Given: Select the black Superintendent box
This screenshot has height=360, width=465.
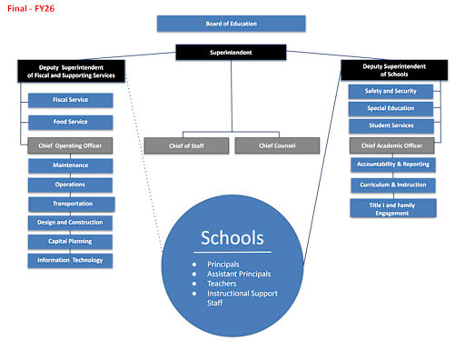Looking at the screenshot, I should (231, 53).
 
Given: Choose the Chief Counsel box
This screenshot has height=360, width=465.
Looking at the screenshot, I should (276, 145).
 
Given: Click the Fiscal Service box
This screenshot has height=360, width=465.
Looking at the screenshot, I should (70, 100).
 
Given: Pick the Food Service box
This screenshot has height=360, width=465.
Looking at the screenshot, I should (70, 121).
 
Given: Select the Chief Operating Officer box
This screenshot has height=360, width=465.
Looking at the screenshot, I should (70, 145).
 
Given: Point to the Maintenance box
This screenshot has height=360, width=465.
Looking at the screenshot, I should (70, 165).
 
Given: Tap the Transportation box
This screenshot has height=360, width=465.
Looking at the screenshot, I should (72, 204).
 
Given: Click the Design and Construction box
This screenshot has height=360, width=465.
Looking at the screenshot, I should (70, 222).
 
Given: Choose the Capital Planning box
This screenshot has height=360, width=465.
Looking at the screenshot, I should (70, 241).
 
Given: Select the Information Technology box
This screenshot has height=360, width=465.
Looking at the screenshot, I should (70, 260).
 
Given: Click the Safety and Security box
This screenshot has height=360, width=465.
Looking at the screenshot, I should (391, 91).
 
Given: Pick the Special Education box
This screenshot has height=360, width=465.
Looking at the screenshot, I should (391, 109).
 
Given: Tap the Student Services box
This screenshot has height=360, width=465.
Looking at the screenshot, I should (391, 126).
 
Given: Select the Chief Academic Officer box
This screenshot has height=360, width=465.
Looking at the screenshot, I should (391, 145).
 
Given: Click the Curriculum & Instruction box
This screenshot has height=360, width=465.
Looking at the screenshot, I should (392, 185).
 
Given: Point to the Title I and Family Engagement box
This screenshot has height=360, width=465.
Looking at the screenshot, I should (392, 207).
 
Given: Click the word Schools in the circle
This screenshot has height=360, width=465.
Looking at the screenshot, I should (232, 238).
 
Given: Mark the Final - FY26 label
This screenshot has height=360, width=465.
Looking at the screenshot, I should (30, 7).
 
